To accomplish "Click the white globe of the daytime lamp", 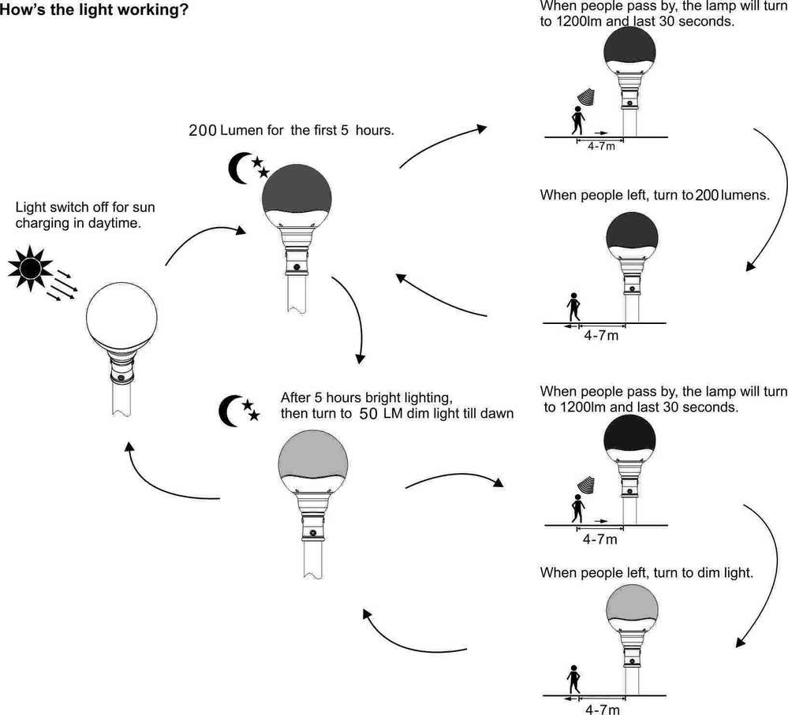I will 119,318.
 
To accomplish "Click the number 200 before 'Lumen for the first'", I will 203,130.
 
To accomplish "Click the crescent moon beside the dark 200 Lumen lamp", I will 239,166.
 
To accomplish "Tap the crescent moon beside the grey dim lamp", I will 230,408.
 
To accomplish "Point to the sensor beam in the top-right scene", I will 585,96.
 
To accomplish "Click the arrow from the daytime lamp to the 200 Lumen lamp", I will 200,240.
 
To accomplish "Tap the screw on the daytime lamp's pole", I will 120,379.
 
